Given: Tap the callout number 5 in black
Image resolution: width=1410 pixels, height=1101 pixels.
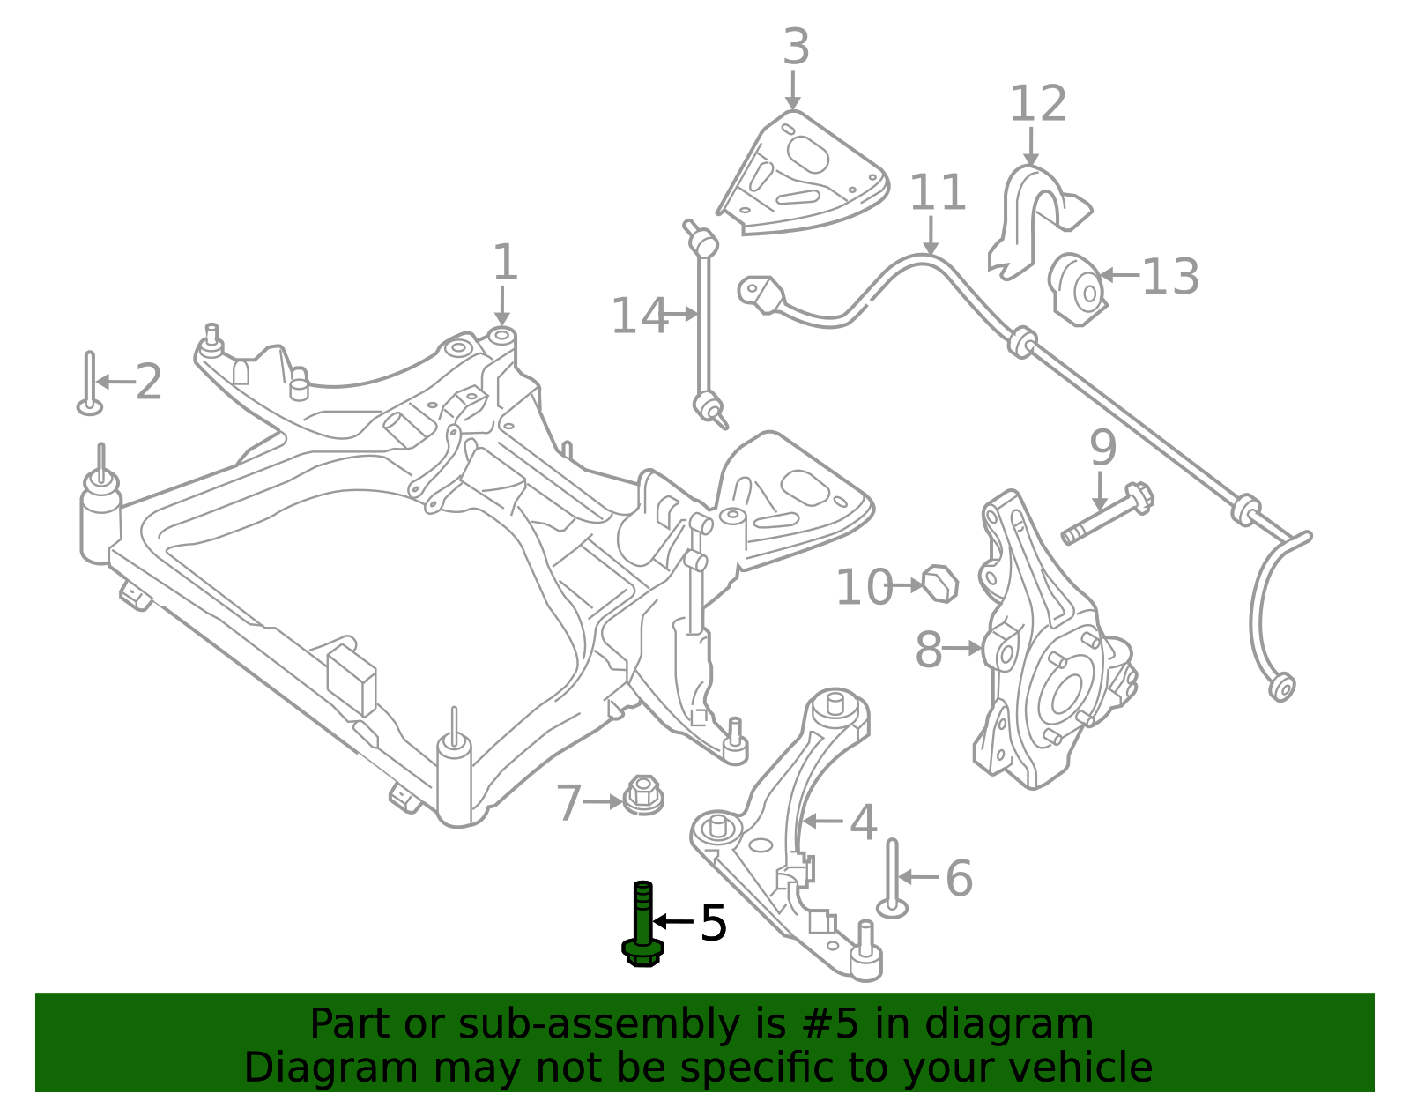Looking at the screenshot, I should click(713, 923).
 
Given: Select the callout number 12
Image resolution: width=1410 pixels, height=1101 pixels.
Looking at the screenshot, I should click(1037, 105).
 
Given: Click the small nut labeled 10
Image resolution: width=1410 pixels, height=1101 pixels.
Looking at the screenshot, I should click(941, 583).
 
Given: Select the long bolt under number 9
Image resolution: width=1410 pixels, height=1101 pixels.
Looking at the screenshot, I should click(1107, 517).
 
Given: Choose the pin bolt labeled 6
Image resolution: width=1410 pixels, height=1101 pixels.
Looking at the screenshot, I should click(893, 878).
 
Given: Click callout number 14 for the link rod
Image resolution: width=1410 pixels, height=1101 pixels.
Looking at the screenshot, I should click(639, 316).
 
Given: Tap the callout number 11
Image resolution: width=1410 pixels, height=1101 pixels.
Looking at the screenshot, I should click(938, 192).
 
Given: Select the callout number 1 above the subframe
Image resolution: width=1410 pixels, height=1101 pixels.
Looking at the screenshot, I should click(504, 263).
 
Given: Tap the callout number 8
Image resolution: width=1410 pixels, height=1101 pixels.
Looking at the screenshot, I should click(928, 650).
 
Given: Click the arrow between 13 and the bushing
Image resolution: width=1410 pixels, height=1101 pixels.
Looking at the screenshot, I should click(1119, 275).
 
